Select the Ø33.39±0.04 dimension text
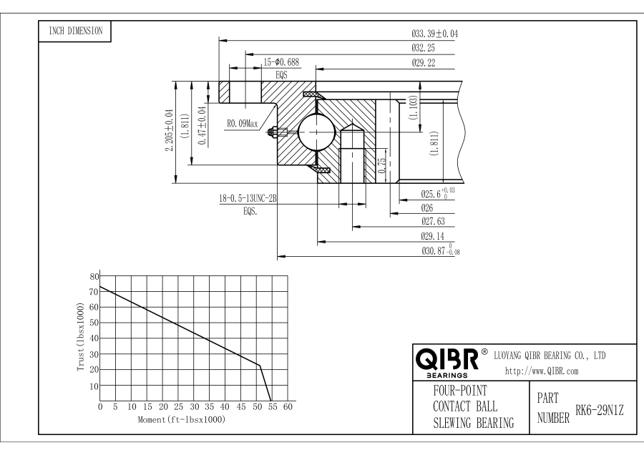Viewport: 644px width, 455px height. click(x=434, y=34)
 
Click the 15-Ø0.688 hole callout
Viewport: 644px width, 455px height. click(x=281, y=62)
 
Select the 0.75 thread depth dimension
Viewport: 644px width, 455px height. click(x=381, y=161)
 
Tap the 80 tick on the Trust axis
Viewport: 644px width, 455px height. click(x=94, y=276)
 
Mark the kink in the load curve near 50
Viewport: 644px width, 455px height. click(x=259, y=366)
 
